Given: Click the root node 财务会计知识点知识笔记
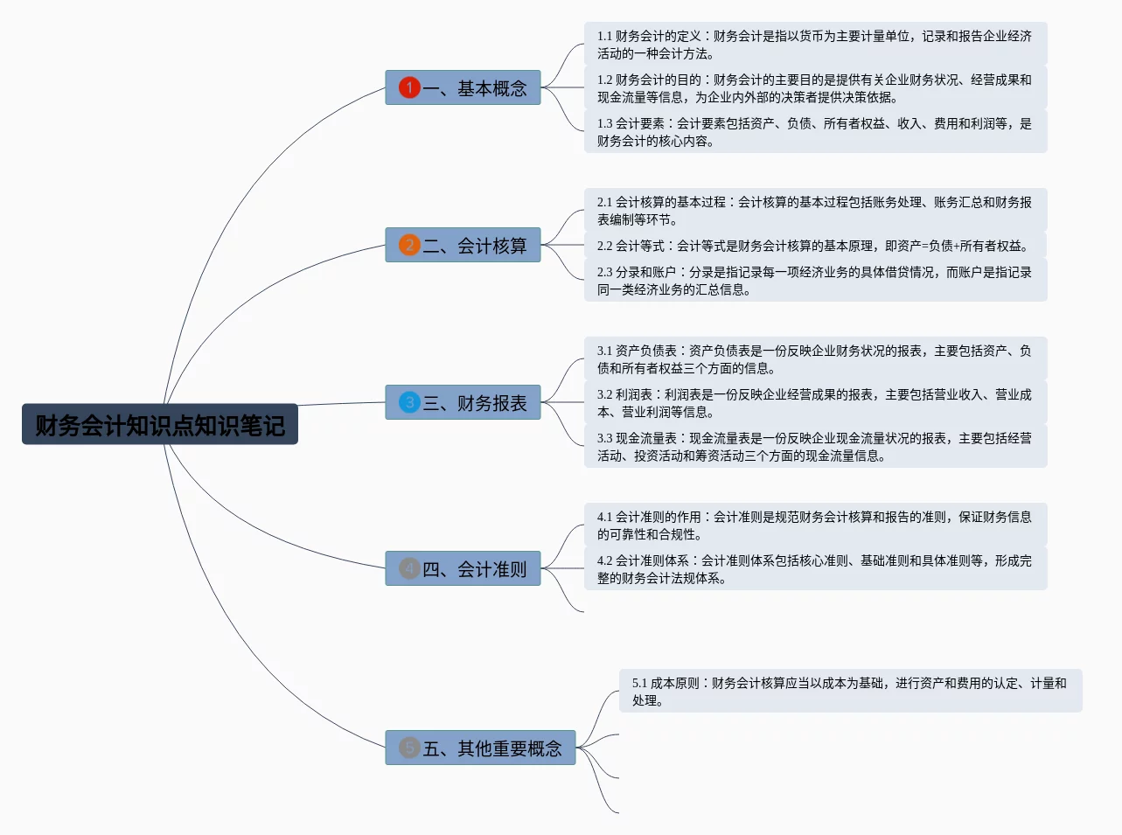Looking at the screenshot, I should [x=160, y=425].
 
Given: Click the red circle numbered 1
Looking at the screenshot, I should [x=409, y=87].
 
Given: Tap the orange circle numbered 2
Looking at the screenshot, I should [x=409, y=245].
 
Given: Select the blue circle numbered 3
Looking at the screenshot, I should [x=409, y=402].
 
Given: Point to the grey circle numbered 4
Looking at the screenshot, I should [x=409, y=568].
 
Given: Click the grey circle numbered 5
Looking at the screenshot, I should [x=409, y=748].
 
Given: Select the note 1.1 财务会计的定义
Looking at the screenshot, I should [x=814, y=45].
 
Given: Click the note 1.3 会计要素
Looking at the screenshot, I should [x=814, y=132].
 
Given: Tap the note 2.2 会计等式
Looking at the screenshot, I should [x=814, y=246].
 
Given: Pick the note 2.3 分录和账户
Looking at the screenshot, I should [x=814, y=281].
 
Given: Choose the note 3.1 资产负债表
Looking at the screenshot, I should [x=814, y=359].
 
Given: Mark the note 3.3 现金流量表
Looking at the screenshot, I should [x=814, y=447].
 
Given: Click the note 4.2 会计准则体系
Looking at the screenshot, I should [x=814, y=569].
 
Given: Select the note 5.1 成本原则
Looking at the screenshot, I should [x=849, y=692].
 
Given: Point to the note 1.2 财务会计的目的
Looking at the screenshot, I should [x=814, y=88].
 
